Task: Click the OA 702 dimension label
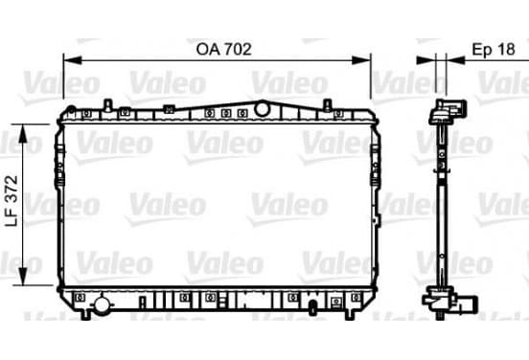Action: tap(224, 49)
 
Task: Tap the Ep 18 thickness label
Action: tap(494, 49)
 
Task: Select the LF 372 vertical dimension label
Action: tap(12, 201)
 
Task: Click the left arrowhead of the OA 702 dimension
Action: tap(73, 60)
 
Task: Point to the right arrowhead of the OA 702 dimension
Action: tap(361, 60)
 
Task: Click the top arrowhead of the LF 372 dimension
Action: tap(23, 133)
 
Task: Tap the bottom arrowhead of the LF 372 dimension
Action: tap(23, 277)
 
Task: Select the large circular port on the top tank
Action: tap(262, 109)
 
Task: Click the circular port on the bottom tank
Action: tap(102, 305)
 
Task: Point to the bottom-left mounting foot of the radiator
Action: tap(86, 314)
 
